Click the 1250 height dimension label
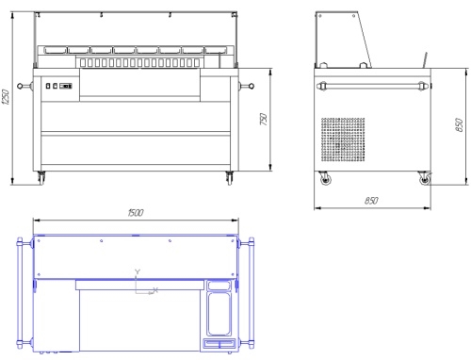click(6, 97)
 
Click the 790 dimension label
click(264, 119)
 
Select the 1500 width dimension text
click(136, 213)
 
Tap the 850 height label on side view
click(459, 124)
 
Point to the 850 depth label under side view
click(371, 200)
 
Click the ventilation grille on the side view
click(343, 139)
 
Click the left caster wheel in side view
click(325, 179)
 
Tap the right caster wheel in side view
click(425, 178)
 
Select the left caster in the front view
click(41, 178)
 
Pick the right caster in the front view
click(230, 178)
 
